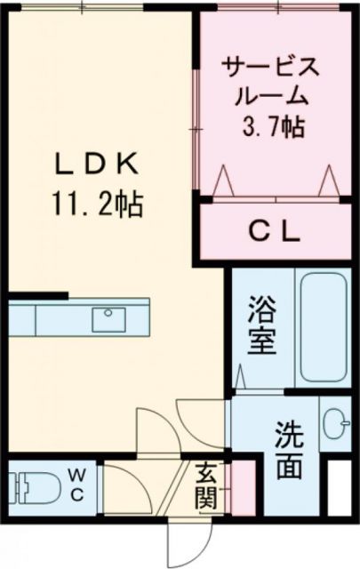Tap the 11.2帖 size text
tap(97, 207)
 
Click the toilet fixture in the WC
tap(24, 488)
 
